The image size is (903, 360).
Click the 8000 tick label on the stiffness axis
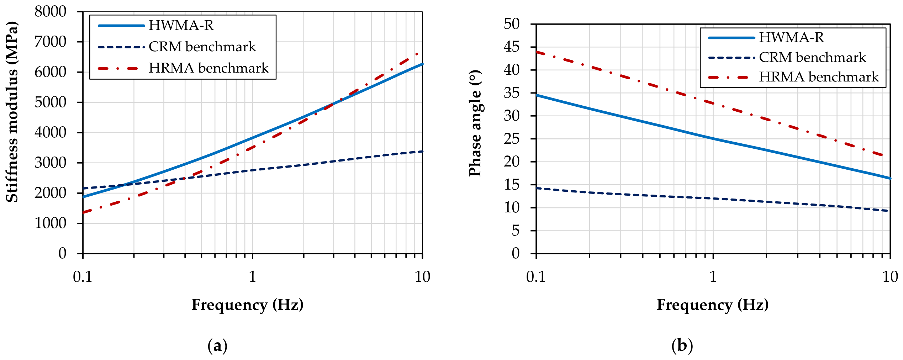pyautogui.click(x=50, y=12)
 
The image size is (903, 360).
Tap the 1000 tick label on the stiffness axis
pyautogui.click(x=50, y=223)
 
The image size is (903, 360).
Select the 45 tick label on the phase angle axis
pyautogui.click(x=512, y=47)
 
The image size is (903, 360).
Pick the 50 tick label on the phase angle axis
pyautogui.click(x=512, y=24)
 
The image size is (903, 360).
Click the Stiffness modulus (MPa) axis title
pyautogui.click(x=12, y=112)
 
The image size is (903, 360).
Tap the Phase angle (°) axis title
pyautogui.click(x=475, y=123)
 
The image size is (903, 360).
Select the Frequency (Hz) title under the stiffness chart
pyautogui.click(x=248, y=305)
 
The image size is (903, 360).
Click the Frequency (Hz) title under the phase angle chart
pyautogui.click(x=713, y=305)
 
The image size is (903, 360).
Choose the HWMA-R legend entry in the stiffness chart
pyautogui.click(x=156, y=26)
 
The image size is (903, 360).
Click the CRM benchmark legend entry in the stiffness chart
pyautogui.click(x=177, y=47)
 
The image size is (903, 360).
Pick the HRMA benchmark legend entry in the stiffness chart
pyautogui.click(x=183, y=68)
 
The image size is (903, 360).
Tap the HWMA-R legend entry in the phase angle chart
pyautogui.click(x=766, y=38)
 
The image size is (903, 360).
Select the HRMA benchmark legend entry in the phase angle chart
pyautogui.click(x=793, y=77)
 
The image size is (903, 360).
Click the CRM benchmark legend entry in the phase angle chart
pyautogui.click(x=787, y=58)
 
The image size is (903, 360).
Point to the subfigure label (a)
pyautogui.click(x=217, y=346)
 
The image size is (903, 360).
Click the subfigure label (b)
pyautogui.click(x=682, y=346)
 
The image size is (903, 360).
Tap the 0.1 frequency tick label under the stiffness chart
pyautogui.click(x=83, y=277)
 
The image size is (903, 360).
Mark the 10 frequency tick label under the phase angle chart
pyautogui.click(x=890, y=277)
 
